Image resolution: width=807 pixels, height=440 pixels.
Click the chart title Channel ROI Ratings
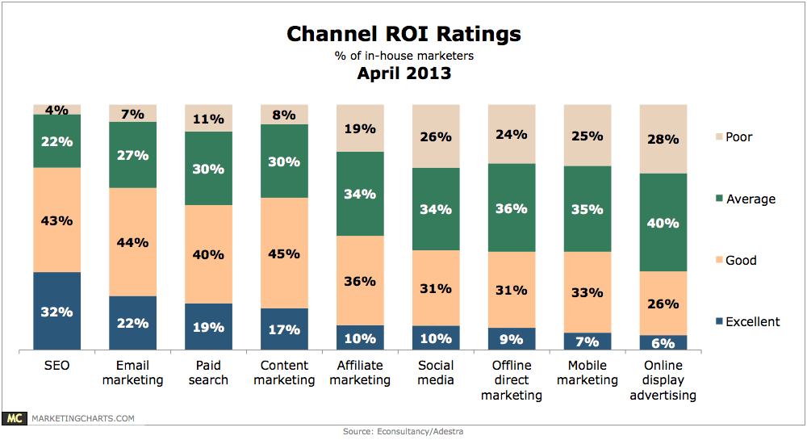(x=403, y=35)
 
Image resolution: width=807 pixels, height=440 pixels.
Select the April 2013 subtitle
(x=403, y=73)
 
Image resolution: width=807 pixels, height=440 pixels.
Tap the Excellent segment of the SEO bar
(x=56, y=312)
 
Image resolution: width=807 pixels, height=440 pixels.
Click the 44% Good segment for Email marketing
(x=132, y=241)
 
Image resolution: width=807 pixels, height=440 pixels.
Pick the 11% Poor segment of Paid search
(x=208, y=118)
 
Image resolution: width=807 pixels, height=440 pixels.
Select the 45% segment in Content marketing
(x=284, y=253)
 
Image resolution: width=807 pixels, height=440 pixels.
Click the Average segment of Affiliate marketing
(x=360, y=194)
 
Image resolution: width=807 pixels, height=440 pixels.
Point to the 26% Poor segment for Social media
(x=436, y=136)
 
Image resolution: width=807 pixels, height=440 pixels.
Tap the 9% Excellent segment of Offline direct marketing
(x=512, y=339)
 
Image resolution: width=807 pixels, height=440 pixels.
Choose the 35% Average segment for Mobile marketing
(x=587, y=209)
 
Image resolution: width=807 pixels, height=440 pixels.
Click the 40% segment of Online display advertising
(x=663, y=222)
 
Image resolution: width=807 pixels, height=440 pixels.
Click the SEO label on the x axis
(x=56, y=366)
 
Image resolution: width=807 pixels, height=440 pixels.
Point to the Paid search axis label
(x=208, y=372)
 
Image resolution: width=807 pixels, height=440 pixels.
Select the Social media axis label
(x=436, y=372)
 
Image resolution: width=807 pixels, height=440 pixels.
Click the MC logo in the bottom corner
(x=14, y=418)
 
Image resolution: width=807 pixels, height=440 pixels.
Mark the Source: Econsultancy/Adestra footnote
(x=403, y=432)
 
